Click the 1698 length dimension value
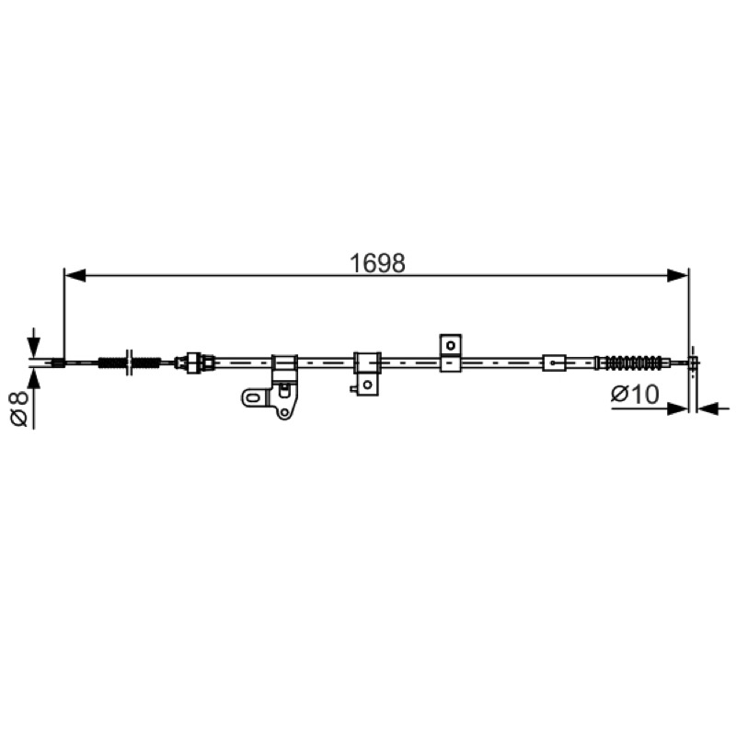click(x=377, y=263)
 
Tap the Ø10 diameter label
click(x=635, y=395)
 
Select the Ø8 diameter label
click(x=19, y=409)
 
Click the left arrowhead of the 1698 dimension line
click(x=75, y=275)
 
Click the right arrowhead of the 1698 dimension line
click(x=677, y=275)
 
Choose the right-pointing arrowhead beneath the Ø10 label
click(x=677, y=408)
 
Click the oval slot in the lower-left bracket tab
click(x=252, y=398)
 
